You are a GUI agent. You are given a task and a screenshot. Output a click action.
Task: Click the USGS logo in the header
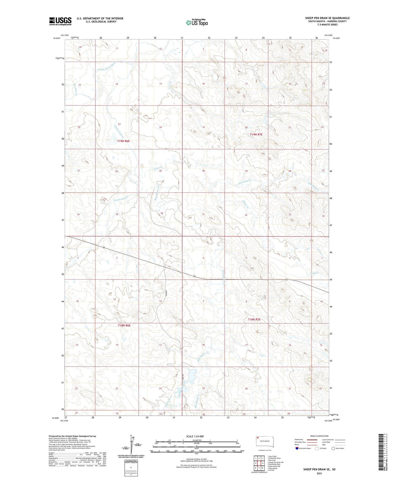coord(60,21)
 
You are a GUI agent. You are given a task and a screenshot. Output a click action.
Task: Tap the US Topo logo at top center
coord(197,22)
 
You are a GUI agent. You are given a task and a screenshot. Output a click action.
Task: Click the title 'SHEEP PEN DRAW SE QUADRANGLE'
coord(327,18)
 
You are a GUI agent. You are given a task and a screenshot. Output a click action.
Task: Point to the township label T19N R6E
coord(123,141)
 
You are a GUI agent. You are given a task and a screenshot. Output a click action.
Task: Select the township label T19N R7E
coord(256,134)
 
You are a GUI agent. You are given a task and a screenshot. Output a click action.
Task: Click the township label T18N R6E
coord(124,325)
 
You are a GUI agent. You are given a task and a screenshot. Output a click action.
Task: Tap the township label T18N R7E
coord(254,320)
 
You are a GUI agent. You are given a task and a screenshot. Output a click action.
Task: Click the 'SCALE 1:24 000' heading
coord(195,436)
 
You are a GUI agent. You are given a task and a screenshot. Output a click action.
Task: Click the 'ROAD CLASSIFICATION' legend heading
coord(319,436)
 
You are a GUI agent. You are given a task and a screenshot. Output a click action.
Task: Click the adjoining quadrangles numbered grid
coord(259,463)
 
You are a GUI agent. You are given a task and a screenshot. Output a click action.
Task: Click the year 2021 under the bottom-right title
coord(319,473)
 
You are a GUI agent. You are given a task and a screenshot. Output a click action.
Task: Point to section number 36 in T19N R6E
coord(162,213)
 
